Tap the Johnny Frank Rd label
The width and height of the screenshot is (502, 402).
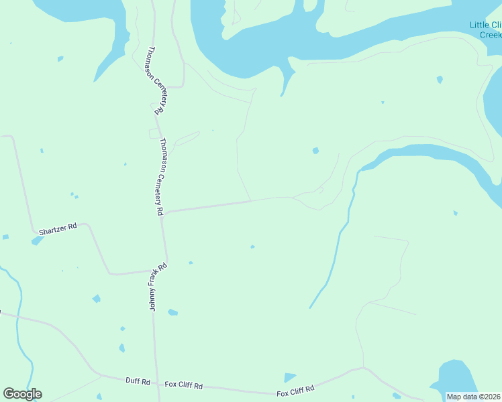coord(157,287)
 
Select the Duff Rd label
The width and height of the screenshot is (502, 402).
coord(138,381)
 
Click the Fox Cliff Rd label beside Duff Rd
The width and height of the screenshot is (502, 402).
coord(184,385)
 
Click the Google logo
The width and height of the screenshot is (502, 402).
coord(22,394)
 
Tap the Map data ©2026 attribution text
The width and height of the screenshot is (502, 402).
coord(474,397)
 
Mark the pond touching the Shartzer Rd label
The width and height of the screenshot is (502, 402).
coord(37,240)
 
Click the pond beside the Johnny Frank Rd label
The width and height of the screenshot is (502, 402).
coord(172,312)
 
